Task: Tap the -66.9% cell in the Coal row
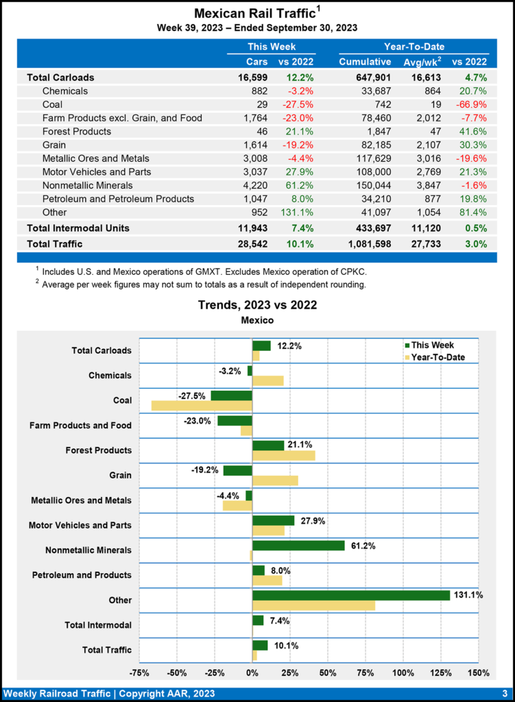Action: [474, 104]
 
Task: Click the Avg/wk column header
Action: [420, 62]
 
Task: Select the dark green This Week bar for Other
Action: [351, 595]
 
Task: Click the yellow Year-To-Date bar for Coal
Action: [202, 406]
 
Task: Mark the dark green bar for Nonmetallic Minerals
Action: [298, 546]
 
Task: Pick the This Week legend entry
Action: [430, 346]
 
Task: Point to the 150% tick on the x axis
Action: [478, 672]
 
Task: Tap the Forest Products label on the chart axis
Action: [99, 450]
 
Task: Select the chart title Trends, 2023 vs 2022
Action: [257, 305]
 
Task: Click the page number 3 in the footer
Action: [504, 693]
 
